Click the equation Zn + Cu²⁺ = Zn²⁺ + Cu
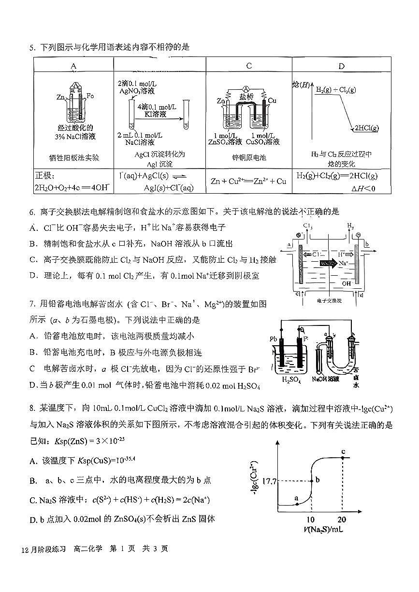click(x=248, y=181)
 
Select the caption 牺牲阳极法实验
click(x=74, y=157)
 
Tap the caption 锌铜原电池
click(x=249, y=157)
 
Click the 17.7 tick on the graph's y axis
click(x=269, y=481)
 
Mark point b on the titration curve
click(x=312, y=480)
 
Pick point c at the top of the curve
click(x=343, y=457)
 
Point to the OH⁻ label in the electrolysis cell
click(x=347, y=284)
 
